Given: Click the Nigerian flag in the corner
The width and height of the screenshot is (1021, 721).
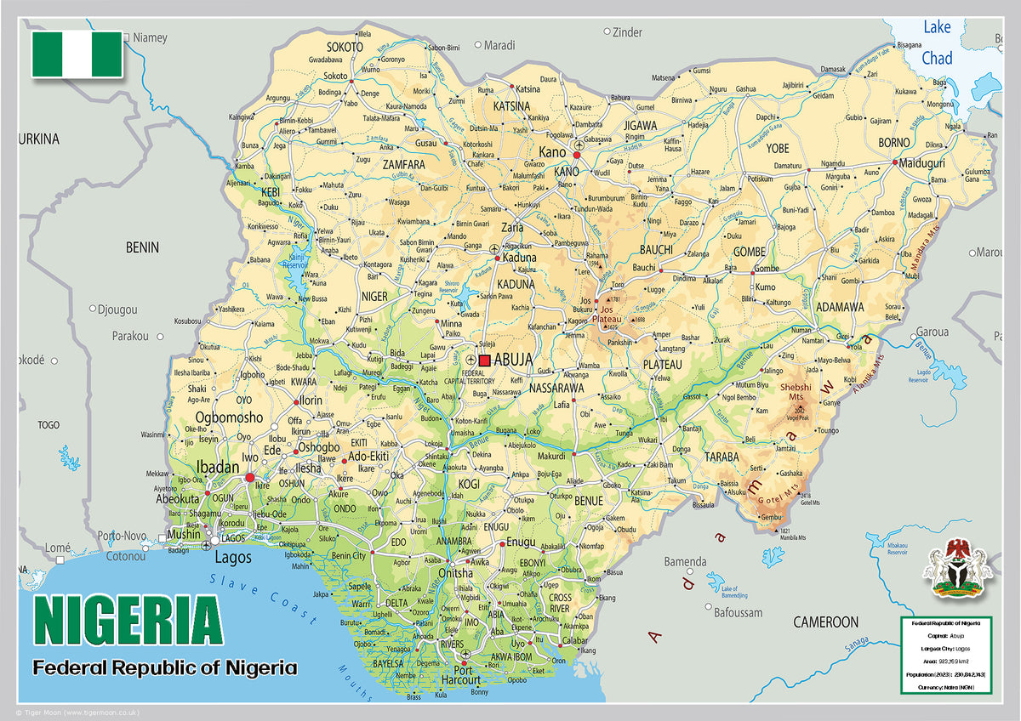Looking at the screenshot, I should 77,55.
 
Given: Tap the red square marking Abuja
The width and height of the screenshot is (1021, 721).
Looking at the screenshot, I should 484,360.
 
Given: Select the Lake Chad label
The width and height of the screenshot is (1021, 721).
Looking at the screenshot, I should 937,43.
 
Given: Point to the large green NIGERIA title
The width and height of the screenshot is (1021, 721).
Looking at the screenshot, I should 128,621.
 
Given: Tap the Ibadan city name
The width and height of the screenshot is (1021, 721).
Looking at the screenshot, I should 218,468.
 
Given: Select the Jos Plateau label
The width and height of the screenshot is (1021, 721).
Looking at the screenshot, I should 610,313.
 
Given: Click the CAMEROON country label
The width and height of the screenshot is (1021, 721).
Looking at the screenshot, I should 825,622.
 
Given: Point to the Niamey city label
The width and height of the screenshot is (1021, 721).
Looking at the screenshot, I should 150,37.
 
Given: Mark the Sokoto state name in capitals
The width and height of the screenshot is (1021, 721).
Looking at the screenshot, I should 345,47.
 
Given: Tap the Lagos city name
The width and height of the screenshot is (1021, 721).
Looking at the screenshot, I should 233,558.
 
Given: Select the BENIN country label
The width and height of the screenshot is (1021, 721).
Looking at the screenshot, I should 142,247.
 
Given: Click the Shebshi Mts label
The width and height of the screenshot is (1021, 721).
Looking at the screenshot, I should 796,392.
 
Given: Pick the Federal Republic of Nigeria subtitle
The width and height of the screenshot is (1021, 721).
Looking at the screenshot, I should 165,667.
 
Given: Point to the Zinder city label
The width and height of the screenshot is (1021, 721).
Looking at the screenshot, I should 627,32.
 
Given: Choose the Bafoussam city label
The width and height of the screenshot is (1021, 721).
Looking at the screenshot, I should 739,612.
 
